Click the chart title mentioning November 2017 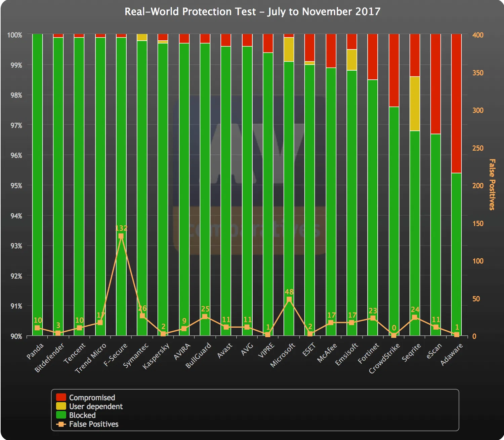pos(252,12)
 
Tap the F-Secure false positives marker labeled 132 pos(121,236)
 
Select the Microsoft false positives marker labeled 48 pos(289,299)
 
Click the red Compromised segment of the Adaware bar pos(456,103)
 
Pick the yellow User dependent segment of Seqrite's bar pos(415,104)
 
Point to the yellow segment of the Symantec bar pos(142,37)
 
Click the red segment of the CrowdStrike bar pos(394,70)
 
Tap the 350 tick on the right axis pos(478,73)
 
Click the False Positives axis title pos(492,184)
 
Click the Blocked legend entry pos(82,415)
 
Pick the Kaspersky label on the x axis pos(156,356)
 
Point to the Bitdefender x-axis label pos(49,358)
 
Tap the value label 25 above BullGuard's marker pos(205,309)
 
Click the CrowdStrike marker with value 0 pos(394,335)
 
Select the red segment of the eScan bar pos(435,84)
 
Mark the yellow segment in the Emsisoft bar pos(352,60)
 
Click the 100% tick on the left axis pos(14,35)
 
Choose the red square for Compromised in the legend pos(61,397)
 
